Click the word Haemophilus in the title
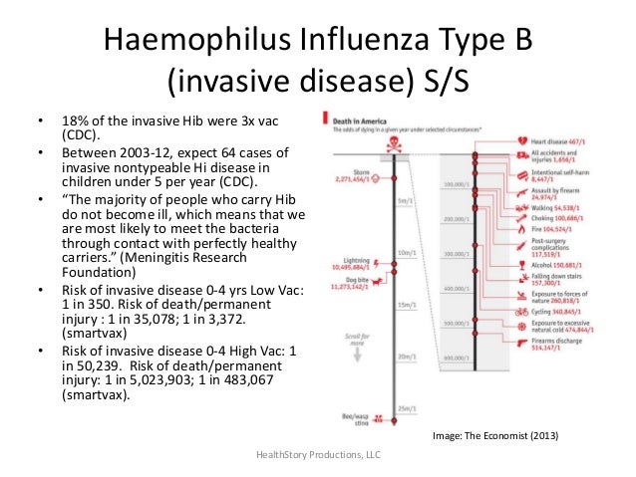point(188,43)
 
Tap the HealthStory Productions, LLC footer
point(319,454)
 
